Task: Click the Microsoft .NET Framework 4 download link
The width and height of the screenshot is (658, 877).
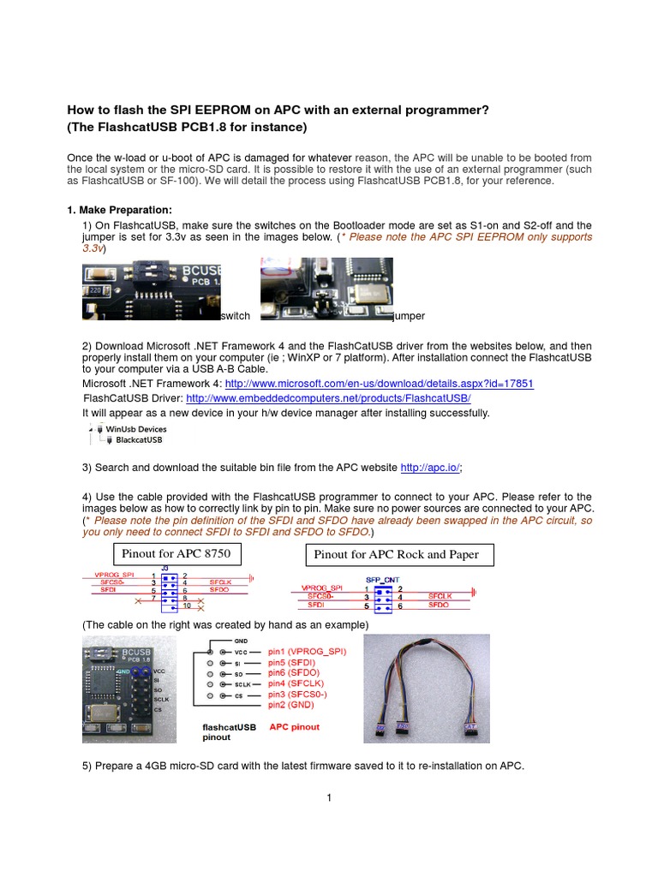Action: tap(378, 384)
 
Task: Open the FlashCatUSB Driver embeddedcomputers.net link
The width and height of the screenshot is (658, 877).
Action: tap(328, 398)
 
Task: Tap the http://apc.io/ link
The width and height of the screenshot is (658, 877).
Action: tap(430, 468)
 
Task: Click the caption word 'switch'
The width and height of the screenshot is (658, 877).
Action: tap(235, 316)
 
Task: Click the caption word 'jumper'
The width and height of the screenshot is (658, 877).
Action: tap(409, 316)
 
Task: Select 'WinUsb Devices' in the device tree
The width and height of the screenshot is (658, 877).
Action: tap(135, 429)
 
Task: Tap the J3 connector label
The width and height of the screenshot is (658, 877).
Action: tap(165, 567)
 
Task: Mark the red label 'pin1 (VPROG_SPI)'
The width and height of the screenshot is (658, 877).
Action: tap(308, 651)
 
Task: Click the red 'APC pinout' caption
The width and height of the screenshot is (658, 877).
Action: tap(294, 727)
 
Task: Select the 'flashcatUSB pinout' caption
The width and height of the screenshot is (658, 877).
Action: tap(229, 731)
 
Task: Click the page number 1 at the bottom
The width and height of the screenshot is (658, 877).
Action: tap(328, 798)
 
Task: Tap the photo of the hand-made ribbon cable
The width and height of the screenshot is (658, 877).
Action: tap(427, 689)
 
